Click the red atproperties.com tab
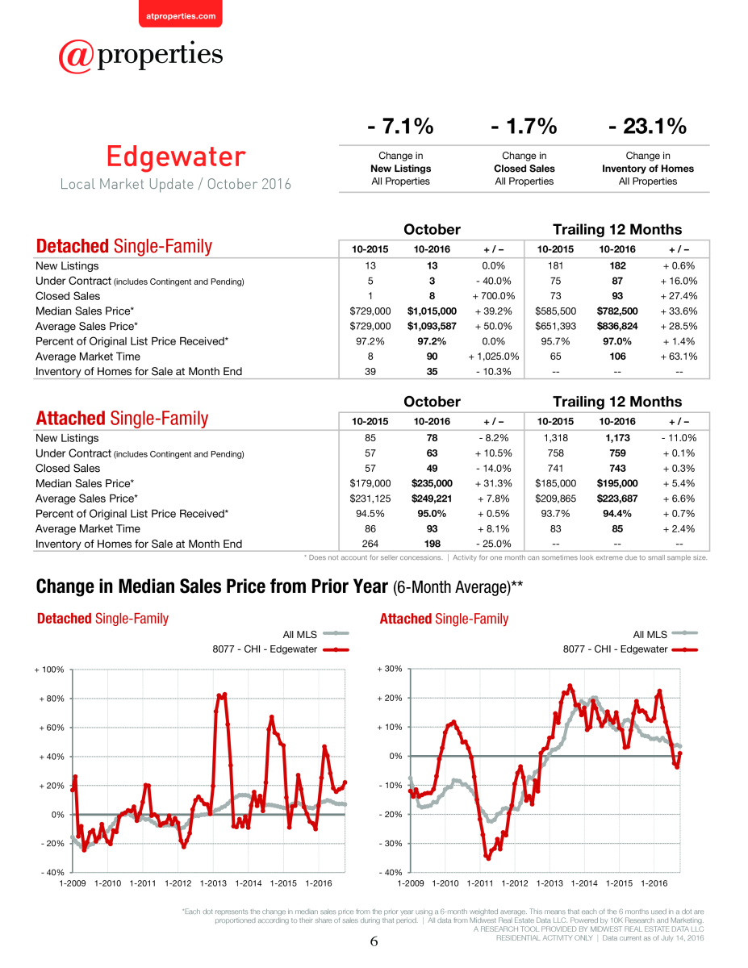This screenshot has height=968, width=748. pos(181,14)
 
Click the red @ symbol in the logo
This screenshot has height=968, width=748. pos(76,56)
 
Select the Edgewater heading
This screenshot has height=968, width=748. pos(176,156)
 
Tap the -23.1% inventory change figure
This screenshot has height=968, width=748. pos(647,126)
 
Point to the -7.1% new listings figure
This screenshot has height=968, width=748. pos(400,126)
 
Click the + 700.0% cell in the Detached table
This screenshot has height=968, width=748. pos(493,296)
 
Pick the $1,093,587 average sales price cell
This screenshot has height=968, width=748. pos(432,326)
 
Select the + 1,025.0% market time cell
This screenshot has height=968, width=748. pos(493,357)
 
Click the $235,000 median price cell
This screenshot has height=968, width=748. pos(432,483)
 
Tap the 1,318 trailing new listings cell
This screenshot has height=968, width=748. pos(555,438)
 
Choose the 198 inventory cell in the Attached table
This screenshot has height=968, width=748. pos(432,544)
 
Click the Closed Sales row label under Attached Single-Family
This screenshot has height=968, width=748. pos(68,468)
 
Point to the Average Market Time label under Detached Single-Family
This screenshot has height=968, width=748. pos(88,357)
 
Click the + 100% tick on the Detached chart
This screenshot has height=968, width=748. pos(49,670)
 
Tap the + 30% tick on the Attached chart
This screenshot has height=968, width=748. pos(390,669)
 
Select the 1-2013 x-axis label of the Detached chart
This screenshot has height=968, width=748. pos(213,883)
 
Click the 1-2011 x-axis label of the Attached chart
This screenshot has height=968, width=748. pos(480,883)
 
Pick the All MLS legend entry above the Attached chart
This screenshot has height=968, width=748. pos(665,634)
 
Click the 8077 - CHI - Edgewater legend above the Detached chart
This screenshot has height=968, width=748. pos(281,649)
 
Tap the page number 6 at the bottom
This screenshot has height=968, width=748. pos(374,941)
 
